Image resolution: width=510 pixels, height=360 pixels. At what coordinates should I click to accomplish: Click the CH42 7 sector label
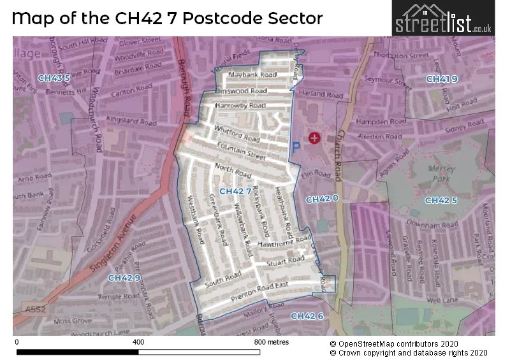pyautogui.click(x=235, y=191)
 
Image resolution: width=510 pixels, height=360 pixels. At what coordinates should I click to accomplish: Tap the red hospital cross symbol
pyautogui.click(x=314, y=138)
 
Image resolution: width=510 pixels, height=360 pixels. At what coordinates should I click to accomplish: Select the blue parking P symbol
pyautogui.click(x=296, y=147)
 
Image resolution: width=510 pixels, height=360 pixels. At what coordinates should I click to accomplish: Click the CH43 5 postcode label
pyautogui.click(x=54, y=78)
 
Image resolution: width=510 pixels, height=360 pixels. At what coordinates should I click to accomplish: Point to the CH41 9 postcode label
pyautogui.click(x=442, y=79)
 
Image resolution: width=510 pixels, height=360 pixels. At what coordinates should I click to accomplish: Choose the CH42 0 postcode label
pyautogui.click(x=322, y=199)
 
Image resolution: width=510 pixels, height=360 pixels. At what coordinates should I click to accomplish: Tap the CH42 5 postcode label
pyautogui.click(x=441, y=201)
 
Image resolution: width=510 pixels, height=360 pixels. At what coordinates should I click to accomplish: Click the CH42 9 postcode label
pyautogui.click(x=124, y=278)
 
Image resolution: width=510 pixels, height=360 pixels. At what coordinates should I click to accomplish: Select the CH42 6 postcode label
pyautogui.click(x=307, y=316)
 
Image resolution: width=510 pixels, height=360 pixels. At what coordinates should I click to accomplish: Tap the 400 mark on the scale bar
pyautogui.click(x=138, y=342)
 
